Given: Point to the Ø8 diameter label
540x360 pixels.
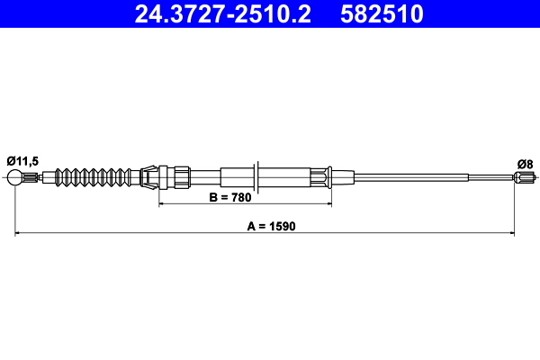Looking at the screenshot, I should coord(525,163).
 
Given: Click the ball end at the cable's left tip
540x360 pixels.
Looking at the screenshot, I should coord(15,177).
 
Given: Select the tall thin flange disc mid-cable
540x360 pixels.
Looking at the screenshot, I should coord(258,176).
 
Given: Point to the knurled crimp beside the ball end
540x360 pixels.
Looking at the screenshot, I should coord(32,177).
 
